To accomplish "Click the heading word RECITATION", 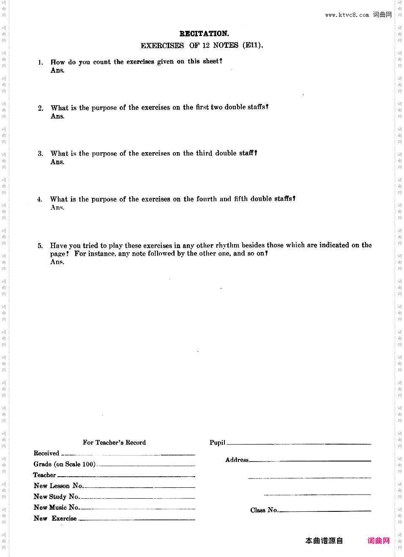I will pyautogui.click(x=204, y=34).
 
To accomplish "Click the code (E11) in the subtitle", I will pyautogui.click(x=253, y=45).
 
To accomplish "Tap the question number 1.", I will pyautogui.click(x=41, y=63).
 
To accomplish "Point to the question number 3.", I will pyautogui.click(x=41, y=154).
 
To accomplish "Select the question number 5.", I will pyautogui.click(x=40, y=246).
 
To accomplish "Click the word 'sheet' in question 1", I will pyautogui.click(x=212, y=61).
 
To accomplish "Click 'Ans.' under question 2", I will pyautogui.click(x=57, y=116).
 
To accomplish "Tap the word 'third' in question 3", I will pyautogui.click(x=204, y=153).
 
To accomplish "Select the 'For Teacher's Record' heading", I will pyautogui.click(x=114, y=442).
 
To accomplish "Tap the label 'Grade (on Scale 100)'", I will pyautogui.click(x=65, y=464).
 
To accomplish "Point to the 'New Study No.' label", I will pyautogui.click(x=57, y=497).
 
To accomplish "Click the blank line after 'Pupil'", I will pyautogui.click(x=299, y=444).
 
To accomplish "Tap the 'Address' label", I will pyautogui.click(x=237, y=460).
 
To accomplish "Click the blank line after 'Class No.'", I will pyautogui.click(x=325, y=511).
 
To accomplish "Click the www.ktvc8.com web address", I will pyautogui.click(x=347, y=15).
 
